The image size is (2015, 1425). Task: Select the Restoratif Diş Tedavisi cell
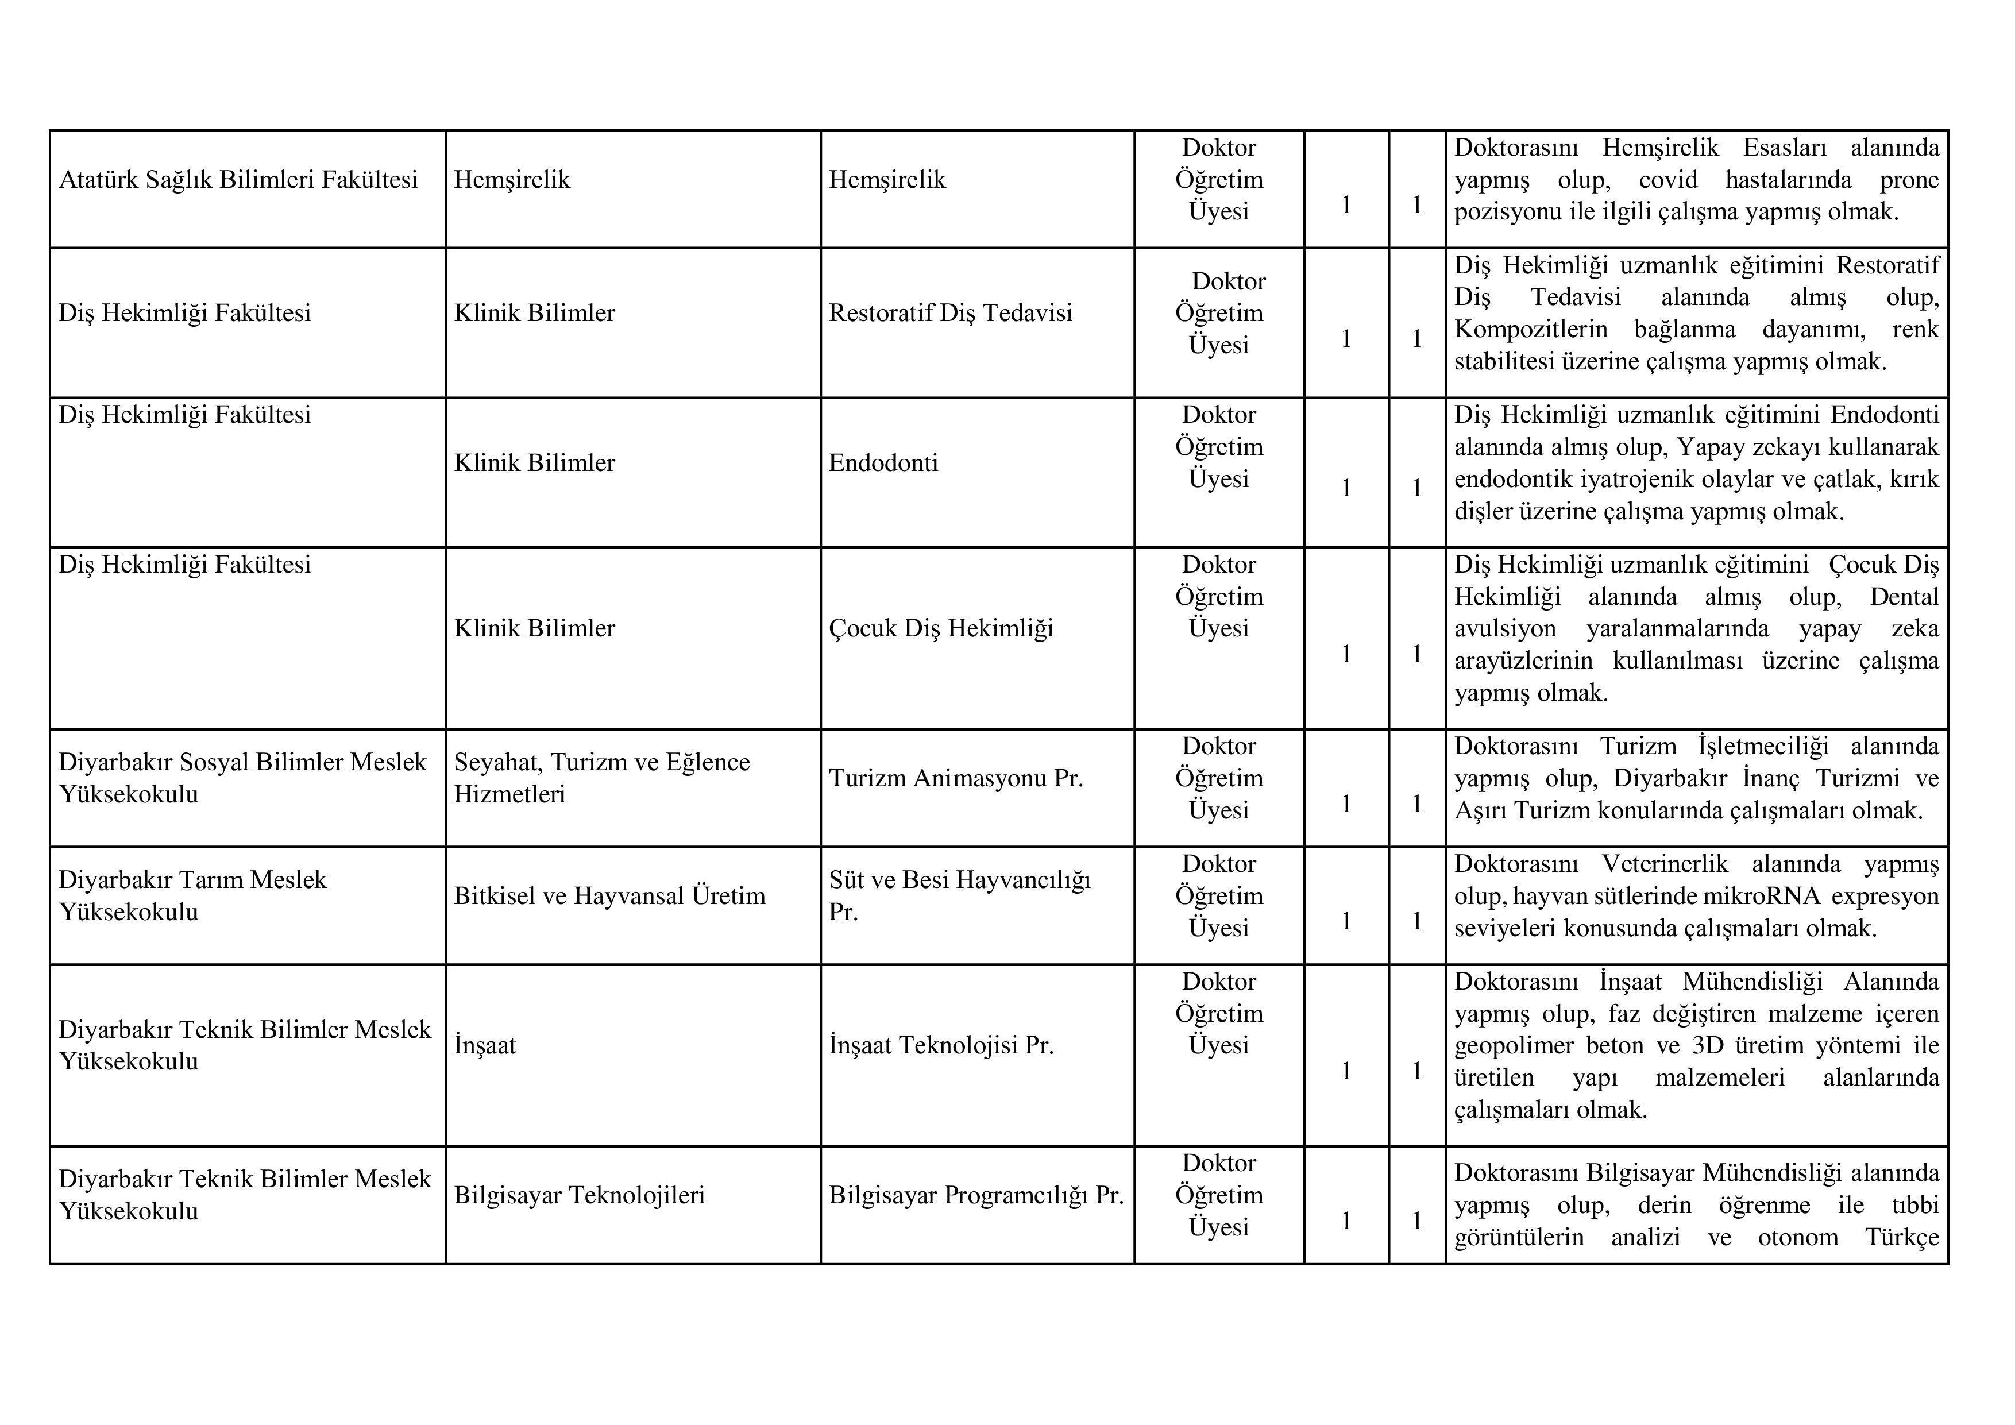pos(951,313)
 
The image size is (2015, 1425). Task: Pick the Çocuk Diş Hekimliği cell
pos(941,628)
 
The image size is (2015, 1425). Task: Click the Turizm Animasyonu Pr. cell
pos(956,778)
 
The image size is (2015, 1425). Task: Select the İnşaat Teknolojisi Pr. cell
pos(941,1045)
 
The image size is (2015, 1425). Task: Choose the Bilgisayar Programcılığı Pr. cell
pos(976,1195)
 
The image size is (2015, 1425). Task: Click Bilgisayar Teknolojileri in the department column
pos(579,1195)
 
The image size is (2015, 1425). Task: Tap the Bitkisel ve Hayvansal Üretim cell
pos(609,896)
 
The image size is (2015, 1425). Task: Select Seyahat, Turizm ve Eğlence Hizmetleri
pos(601,778)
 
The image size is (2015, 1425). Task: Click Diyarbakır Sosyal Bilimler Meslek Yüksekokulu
pos(242,778)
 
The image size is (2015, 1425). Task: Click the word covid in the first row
pos(1667,180)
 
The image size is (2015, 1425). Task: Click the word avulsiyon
pos(1505,629)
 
